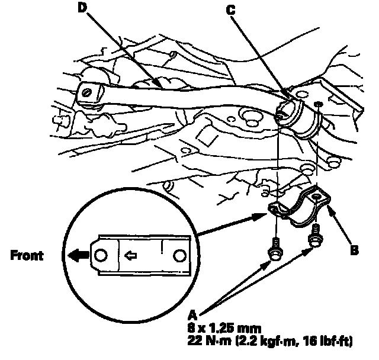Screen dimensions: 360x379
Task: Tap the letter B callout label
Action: pos(354,250)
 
